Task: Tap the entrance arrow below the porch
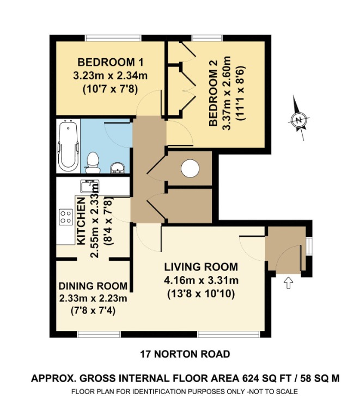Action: click(288, 282)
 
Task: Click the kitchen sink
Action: click(88, 187)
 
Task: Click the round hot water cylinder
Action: click(190, 168)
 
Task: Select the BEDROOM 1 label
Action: click(107, 60)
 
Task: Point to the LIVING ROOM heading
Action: click(201, 267)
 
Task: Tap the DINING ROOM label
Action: click(93, 286)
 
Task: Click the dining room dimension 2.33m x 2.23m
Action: click(93, 298)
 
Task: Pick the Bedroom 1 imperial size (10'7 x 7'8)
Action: click(107, 85)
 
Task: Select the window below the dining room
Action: click(91, 333)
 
